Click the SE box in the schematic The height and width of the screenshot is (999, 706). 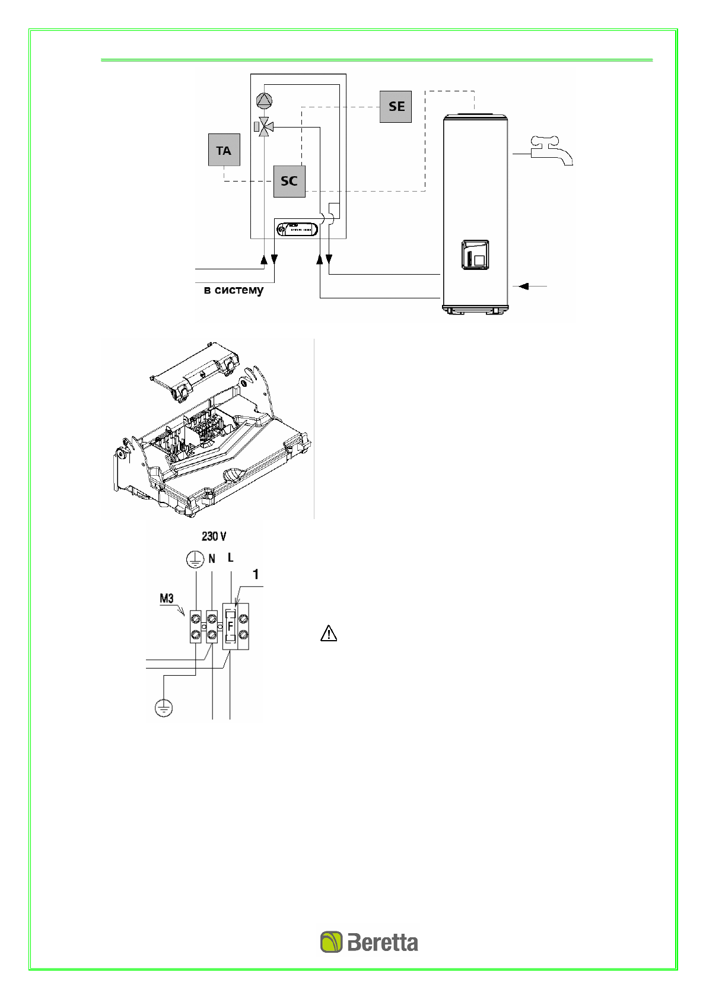pos(396,107)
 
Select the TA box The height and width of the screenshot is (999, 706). pos(224,150)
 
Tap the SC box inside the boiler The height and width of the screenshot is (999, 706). pos(290,181)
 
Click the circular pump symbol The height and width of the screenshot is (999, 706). pos(265,100)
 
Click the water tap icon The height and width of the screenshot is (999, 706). pos(551,151)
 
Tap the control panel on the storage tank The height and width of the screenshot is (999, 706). pos(475,254)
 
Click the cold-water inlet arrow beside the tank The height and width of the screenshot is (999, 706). pos(533,286)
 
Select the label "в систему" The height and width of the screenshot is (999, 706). pos(234,290)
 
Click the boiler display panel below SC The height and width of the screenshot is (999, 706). pos(297,229)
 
